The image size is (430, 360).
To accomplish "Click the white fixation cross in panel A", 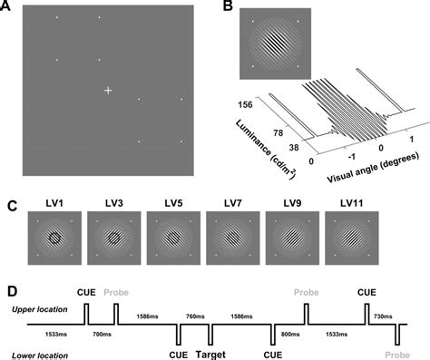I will pyautogui.click(x=108, y=90).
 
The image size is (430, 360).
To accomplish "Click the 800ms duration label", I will pyautogui.click(x=289, y=335).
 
